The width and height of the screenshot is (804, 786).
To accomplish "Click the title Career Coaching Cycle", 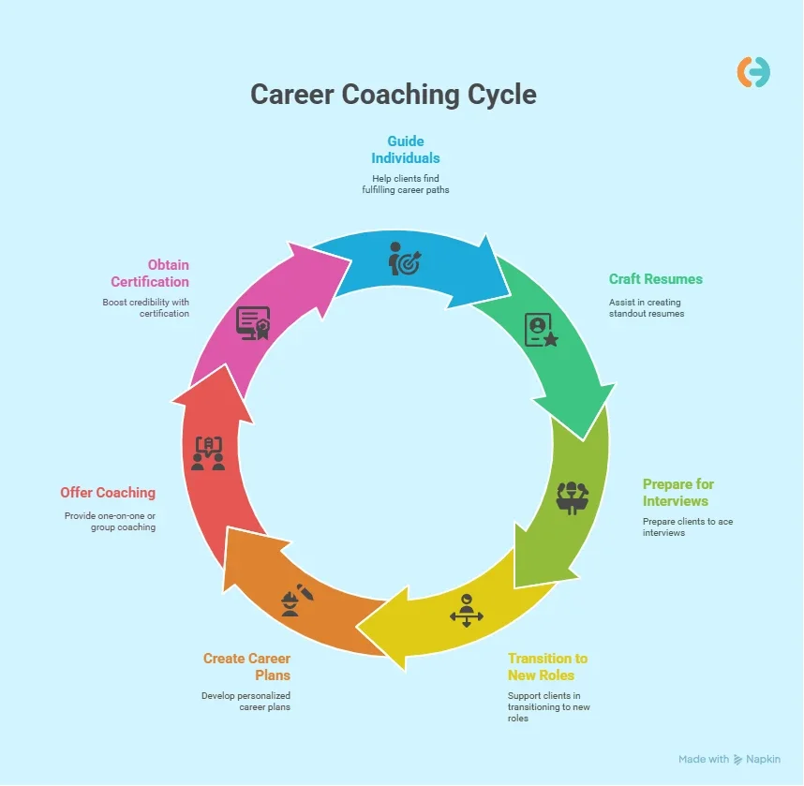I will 394,95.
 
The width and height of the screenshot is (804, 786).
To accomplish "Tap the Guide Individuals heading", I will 406,149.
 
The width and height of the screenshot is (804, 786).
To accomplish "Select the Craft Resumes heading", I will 655,279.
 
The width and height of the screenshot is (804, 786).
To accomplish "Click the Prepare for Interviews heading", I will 678,492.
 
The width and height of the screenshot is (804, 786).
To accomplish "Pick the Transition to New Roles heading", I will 547,666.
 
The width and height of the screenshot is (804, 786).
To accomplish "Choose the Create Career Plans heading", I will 247,666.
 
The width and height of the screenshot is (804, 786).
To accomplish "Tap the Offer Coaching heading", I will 108,492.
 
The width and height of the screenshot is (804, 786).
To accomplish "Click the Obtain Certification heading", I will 150,273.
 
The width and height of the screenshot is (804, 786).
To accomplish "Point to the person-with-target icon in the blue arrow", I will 406,259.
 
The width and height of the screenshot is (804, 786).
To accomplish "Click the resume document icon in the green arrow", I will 541,330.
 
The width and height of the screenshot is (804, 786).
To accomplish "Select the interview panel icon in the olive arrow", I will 573,496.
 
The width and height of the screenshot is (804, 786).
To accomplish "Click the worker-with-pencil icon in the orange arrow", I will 297,601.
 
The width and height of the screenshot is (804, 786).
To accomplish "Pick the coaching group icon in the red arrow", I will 208,452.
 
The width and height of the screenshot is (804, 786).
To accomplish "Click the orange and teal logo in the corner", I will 753,72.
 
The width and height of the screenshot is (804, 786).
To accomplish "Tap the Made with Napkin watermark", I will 729,759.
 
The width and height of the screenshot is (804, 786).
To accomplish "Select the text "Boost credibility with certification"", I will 145,307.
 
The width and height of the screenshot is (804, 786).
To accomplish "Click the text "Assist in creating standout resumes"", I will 647,307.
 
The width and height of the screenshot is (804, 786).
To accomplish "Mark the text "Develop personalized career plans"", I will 246,701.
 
